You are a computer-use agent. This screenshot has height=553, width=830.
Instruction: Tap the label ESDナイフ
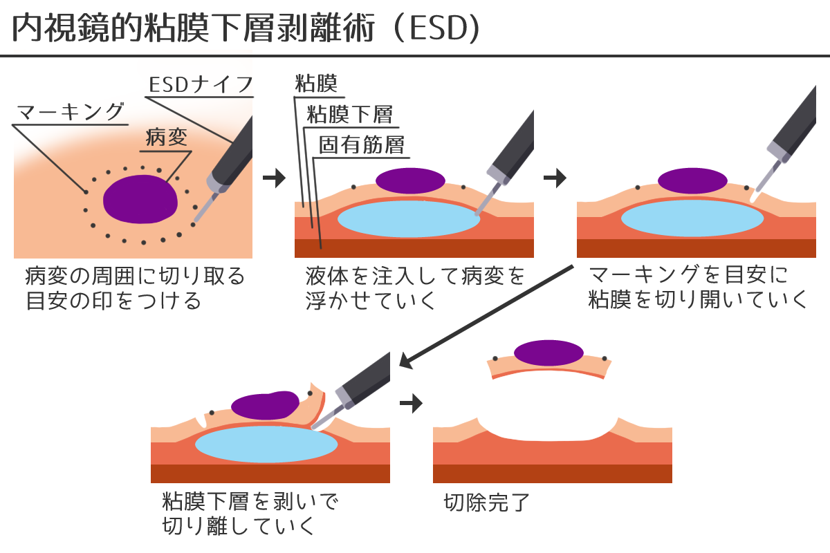pos(201,86)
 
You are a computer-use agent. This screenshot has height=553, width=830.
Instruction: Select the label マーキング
pos(70,113)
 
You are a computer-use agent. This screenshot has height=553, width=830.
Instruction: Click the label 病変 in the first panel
pos(167,138)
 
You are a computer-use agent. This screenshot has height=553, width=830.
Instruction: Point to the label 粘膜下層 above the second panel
pos(349,114)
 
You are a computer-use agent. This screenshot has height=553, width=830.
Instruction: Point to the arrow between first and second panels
pos(275,178)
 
